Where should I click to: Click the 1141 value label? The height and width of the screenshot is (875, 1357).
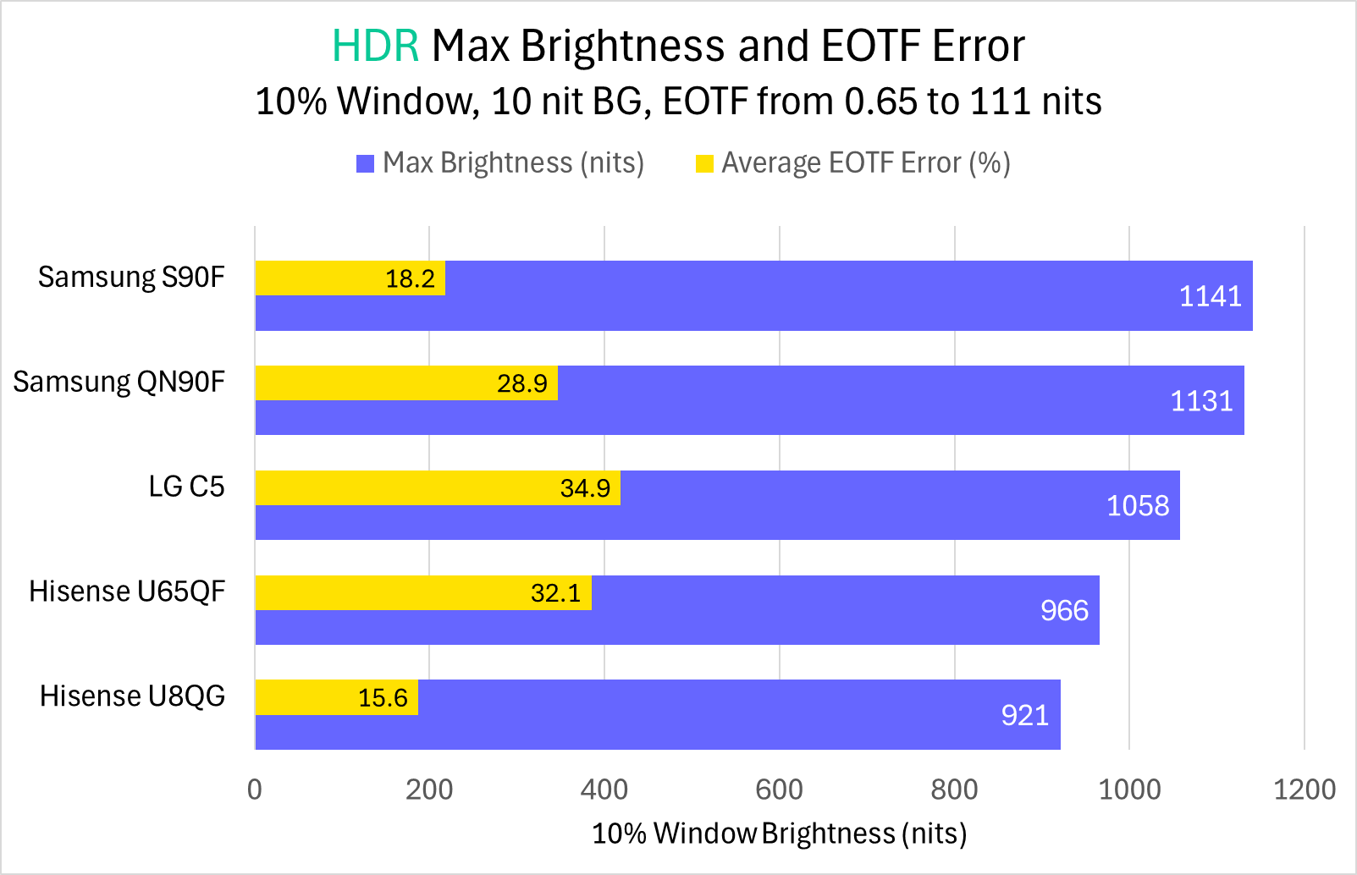(1210, 296)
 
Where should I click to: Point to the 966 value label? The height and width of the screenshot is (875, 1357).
(1064, 610)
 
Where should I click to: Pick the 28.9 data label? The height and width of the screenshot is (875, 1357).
(522, 383)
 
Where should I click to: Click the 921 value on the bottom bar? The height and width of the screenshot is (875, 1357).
(1024, 715)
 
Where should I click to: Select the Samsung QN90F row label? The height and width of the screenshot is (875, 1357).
(119, 382)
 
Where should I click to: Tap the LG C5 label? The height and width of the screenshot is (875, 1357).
(186, 487)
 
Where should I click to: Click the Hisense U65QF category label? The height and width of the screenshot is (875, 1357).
(127, 591)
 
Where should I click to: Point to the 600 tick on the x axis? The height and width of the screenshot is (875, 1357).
(779, 790)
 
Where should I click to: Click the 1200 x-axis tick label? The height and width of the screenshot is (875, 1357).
(1304, 790)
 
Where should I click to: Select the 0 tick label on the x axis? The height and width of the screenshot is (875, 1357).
(255, 790)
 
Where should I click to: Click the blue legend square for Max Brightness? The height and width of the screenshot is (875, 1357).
(365, 163)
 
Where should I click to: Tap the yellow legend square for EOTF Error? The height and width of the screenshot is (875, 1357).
(704, 163)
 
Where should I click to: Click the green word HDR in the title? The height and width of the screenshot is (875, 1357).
(375, 46)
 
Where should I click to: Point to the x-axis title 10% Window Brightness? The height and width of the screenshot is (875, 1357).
(779, 834)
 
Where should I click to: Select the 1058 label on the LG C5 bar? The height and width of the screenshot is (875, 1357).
(1138, 506)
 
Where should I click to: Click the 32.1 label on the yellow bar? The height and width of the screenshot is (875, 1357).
(555, 593)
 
